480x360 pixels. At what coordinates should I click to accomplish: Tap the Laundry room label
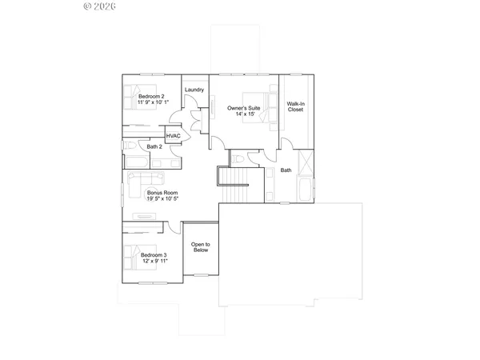tap(194, 90)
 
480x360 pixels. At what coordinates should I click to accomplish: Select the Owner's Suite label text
tap(243, 107)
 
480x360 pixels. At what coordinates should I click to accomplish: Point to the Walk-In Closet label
tap(296, 106)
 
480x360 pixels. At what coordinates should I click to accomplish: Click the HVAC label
tap(173, 137)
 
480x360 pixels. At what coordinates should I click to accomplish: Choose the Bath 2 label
tap(154, 147)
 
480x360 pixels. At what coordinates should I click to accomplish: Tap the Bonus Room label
tap(162, 193)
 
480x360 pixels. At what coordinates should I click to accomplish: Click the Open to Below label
tap(200, 247)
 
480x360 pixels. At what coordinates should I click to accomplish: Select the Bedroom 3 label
tap(154, 255)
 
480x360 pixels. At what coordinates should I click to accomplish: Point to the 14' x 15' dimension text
tap(243, 114)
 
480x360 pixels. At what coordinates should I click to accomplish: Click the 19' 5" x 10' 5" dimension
tap(162, 199)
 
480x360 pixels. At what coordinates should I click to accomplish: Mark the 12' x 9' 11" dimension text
tap(154, 262)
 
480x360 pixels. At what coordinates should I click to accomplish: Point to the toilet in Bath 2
tap(130, 147)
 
